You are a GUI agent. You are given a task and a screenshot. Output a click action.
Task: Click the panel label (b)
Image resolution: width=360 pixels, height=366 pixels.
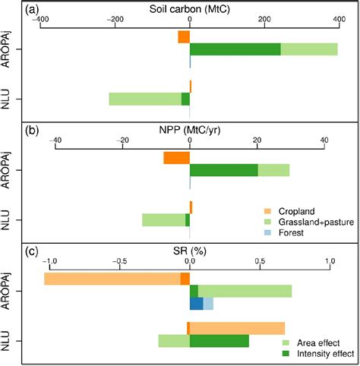coord(34,130)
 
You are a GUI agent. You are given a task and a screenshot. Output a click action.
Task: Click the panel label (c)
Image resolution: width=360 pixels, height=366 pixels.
coord(34,249)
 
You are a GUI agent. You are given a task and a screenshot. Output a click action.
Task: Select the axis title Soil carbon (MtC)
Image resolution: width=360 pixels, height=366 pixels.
coord(189,9)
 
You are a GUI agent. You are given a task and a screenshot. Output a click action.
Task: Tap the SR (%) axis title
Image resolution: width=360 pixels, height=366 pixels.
coord(189,248)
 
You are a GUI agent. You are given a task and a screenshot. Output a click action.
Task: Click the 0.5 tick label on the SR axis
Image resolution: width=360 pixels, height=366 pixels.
coord(260,259)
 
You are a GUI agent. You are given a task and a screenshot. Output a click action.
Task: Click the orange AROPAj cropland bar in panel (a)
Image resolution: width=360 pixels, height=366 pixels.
coord(183,36)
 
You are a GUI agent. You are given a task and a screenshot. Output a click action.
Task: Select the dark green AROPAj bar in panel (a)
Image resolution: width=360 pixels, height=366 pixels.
coord(235,49)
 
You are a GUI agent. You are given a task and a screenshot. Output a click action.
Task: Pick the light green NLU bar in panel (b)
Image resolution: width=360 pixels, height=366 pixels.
coord(163,220)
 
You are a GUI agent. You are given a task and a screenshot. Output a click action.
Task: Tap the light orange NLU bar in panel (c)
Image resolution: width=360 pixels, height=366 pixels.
coord(237,328)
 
